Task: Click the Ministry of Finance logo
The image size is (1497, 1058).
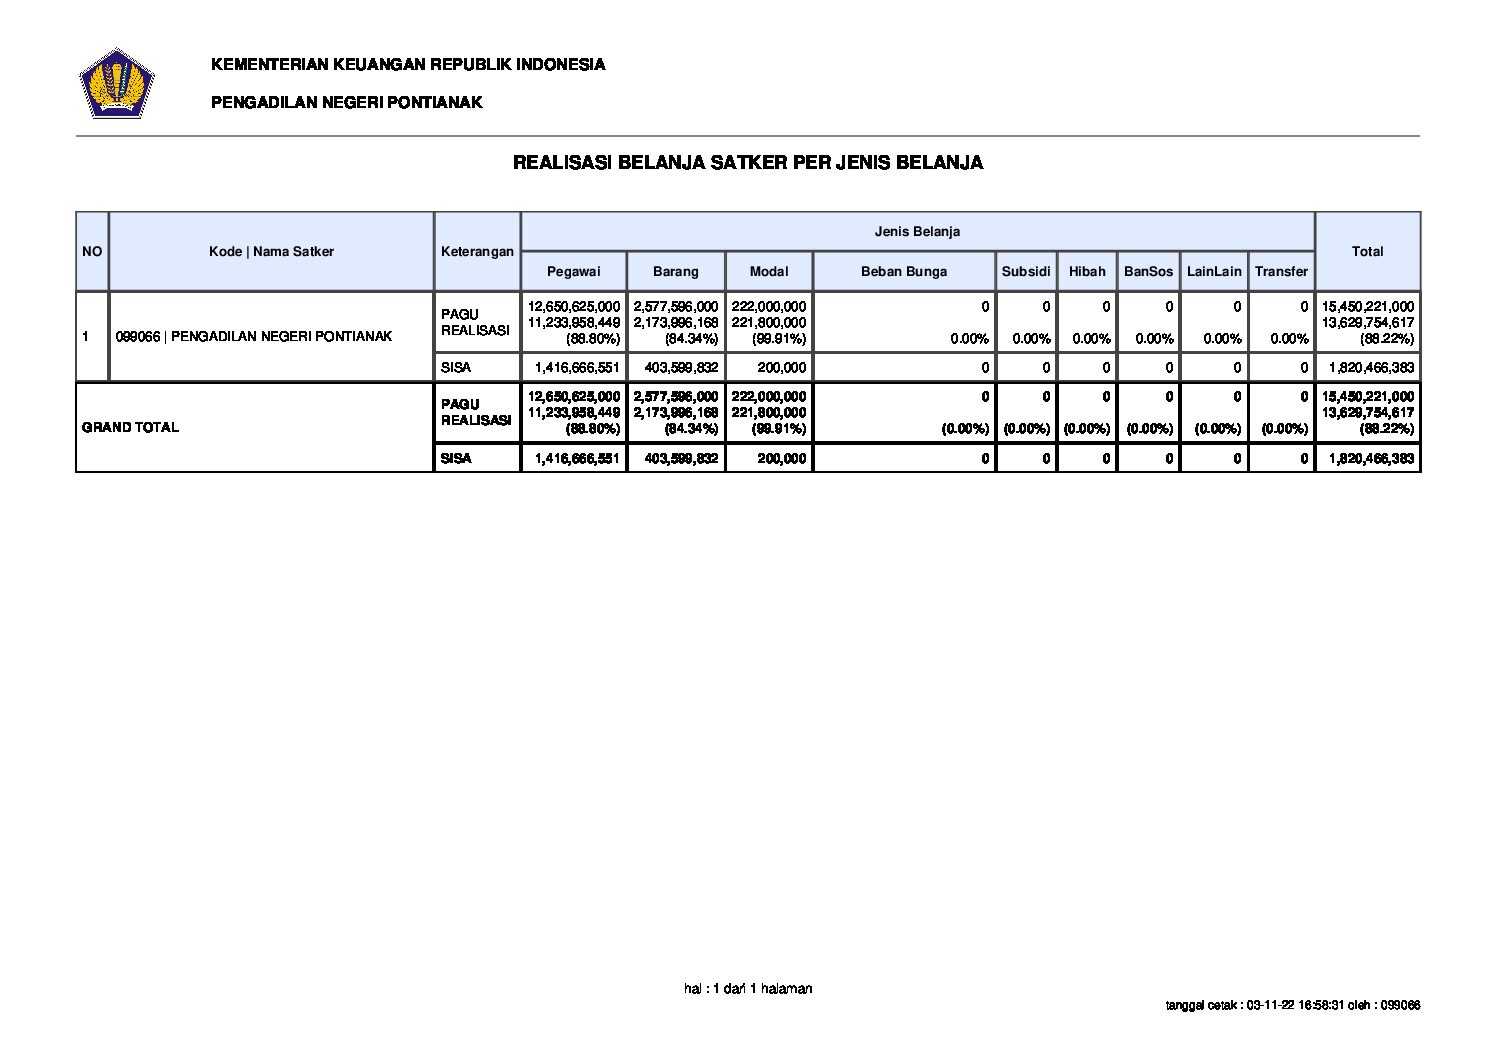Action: pos(116,83)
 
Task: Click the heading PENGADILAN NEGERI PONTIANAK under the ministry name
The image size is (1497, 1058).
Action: pos(346,102)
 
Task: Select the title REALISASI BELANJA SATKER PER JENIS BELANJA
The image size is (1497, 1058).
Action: pos(747,162)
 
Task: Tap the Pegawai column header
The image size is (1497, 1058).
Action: pos(573,271)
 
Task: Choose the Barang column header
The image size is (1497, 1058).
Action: pos(676,271)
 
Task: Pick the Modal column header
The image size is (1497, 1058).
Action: pos(769,271)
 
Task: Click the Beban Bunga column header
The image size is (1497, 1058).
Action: pos(903,271)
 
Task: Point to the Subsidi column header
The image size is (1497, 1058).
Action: pos(1026,271)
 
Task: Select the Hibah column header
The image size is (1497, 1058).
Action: pos(1087,271)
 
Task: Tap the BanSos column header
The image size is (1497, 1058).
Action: pos(1148,271)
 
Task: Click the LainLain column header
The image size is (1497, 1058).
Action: pos(1214,271)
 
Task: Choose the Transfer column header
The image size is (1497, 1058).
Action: pos(1281,271)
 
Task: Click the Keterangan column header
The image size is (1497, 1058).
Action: pos(477,252)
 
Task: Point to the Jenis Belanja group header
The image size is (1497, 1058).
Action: pos(917,231)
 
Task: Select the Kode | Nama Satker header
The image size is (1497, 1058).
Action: pos(271,252)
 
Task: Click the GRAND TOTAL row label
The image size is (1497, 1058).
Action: pos(131,427)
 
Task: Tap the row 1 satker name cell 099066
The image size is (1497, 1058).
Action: pos(254,336)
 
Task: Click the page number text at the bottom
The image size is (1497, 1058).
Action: pos(748,989)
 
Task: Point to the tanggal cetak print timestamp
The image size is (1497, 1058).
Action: pos(1292,1005)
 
